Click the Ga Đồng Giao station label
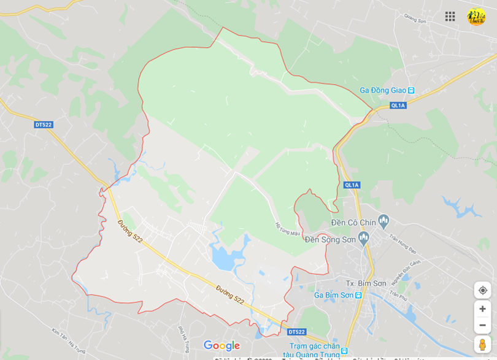click(x=383, y=90)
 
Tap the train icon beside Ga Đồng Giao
click(x=411, y=90)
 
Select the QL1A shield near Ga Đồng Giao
click(x=398, y=105)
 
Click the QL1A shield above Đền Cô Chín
click(x=352, y=185)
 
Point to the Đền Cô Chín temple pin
click(x=384, y=220)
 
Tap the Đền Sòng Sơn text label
click(x=330, y=239)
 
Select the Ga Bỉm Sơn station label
click(x=334, y=295)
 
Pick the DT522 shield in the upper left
click(x=44, y=124)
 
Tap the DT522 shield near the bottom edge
click(x=296, y=332)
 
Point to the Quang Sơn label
click(x=415, y=21)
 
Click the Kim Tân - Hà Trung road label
click(x=68, y=340)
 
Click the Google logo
click(x=222, y=346)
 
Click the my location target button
click(x=482, y=290)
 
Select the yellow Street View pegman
click(x=482, y=345)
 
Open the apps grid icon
click(x=450, y=17)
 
